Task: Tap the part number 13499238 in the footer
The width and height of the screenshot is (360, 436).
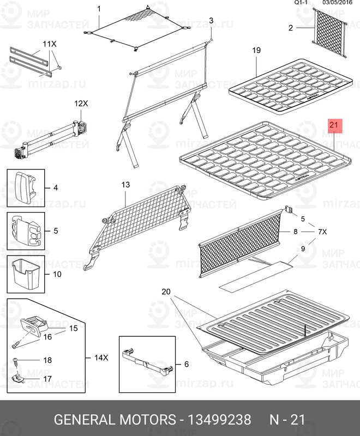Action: (220, 420)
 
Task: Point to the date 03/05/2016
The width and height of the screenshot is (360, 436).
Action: (339, 3)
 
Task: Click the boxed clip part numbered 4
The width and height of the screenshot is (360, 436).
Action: (25, 188)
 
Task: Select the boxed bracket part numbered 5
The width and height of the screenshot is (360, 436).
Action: (25, 231)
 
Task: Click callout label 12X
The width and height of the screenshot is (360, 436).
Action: (81, 103)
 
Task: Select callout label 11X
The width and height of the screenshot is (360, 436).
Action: (49, 44)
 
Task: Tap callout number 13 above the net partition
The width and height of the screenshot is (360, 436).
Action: (125, 185)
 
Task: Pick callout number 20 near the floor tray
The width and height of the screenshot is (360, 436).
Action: (166, 292)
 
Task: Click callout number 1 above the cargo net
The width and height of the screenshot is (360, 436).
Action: (99, 9)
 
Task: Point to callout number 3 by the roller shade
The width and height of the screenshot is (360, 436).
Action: (211, 21)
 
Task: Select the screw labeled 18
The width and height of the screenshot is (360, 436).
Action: (16, 361)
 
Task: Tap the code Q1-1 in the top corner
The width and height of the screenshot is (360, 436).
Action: (302, 3)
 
